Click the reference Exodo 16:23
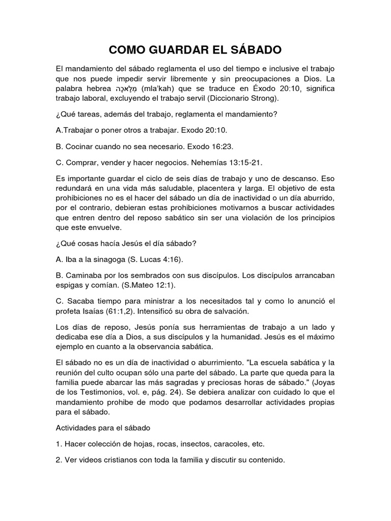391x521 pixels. (x=210, y=147)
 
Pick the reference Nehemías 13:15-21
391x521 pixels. (x=232, y=162)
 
